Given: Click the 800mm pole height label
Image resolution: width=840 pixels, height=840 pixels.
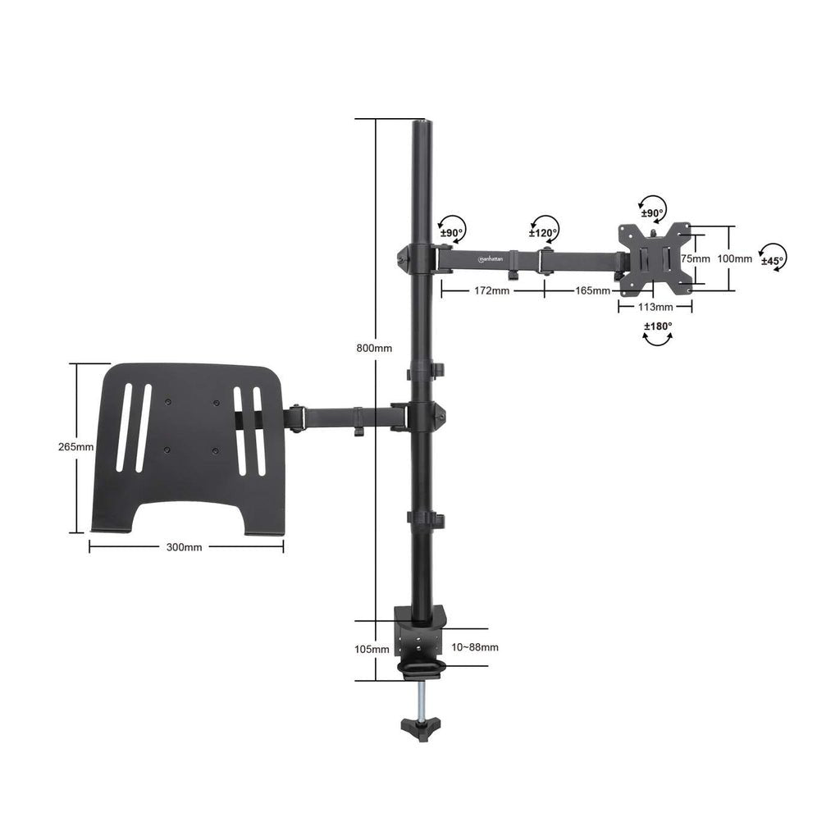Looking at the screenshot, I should tap(374, 348).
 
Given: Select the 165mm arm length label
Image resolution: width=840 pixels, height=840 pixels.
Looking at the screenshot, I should tap(592, 290).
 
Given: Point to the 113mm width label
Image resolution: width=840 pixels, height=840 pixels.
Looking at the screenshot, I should tap(655, 307).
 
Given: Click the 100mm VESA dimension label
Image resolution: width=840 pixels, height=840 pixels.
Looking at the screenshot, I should tap(734, 258).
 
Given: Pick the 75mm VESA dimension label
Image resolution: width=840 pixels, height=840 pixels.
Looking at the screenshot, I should tap(696, 258).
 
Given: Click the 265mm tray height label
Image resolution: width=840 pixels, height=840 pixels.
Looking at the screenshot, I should tap(75, 447).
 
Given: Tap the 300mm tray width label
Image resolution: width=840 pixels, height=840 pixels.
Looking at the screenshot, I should tap(184, 547).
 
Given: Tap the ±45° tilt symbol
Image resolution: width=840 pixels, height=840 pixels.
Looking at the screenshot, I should tap(772, 257).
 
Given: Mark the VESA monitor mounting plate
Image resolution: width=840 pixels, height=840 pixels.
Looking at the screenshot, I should tap(654, 258).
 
